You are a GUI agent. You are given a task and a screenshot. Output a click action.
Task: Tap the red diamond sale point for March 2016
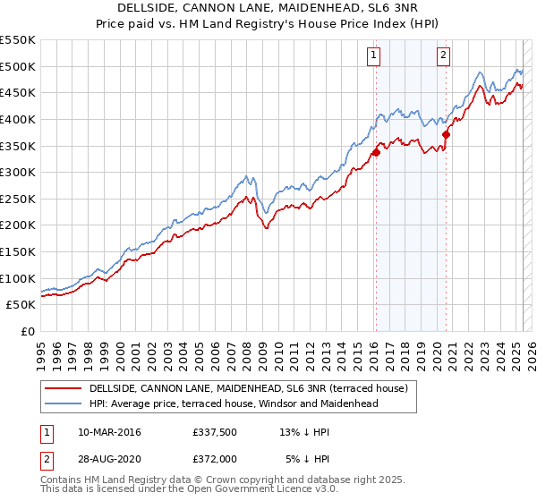click(x=376, y=152)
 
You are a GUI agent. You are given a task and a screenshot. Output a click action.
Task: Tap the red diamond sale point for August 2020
click(x=447, y=134)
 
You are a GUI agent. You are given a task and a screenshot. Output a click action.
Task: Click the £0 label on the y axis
click(x=27, y=331)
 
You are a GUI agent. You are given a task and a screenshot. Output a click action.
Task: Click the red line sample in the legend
click(x=64, y=388)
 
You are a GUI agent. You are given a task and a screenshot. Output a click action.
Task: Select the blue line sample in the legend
click(x=64, y=403)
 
